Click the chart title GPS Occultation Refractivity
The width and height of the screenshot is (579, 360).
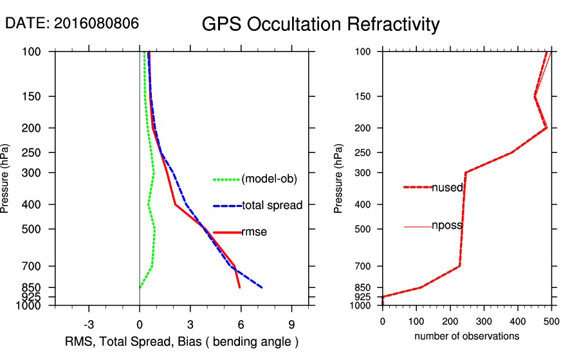pos(320,24)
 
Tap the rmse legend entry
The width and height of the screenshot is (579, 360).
pos(254,232)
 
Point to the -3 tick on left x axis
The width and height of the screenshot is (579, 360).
pos(89,324)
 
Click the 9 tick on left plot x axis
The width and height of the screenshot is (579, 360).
pos(291,324)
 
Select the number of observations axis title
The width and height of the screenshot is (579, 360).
pos(466,336)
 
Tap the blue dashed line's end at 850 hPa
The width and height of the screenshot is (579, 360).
pos(262,287)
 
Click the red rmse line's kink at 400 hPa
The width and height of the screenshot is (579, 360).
pos(174,204)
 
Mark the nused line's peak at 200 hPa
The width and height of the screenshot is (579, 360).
pos(546,128)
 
